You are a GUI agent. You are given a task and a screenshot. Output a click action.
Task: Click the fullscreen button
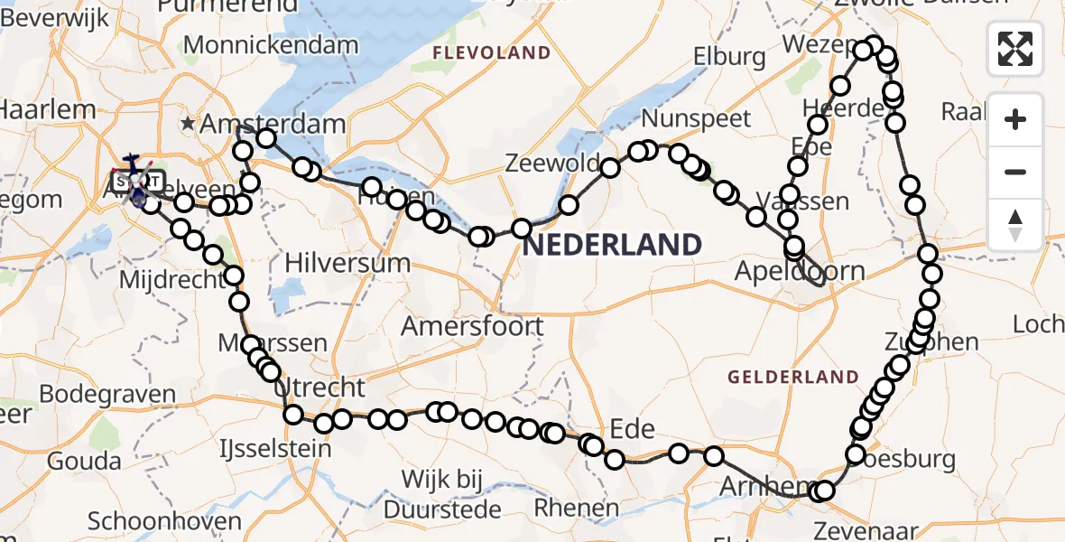point(1015,48)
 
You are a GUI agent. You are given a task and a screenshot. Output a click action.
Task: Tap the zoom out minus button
point(1015,172)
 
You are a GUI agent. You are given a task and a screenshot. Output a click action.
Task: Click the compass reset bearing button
point(1015,224)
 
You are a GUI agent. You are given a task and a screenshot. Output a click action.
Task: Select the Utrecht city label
point(323,388)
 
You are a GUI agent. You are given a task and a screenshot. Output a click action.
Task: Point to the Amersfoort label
point(472,326)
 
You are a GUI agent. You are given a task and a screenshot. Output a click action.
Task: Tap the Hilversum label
point(347,264)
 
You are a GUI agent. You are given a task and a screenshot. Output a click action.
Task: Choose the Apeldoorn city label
point(800,271)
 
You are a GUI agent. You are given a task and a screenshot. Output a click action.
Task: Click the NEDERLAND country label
point(612,245)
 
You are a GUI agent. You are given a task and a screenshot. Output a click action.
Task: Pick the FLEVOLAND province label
point(491,53)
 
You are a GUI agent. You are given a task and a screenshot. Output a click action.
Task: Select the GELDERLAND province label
point(793,377)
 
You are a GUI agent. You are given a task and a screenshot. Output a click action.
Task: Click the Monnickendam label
point(271,45)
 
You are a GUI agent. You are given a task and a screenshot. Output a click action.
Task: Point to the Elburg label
point(729,57)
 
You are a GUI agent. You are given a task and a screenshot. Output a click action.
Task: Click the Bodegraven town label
point(107,395)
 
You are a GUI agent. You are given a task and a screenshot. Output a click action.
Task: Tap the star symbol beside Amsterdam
point(188,123)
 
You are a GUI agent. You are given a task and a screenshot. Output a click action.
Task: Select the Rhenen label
point(576,508)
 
